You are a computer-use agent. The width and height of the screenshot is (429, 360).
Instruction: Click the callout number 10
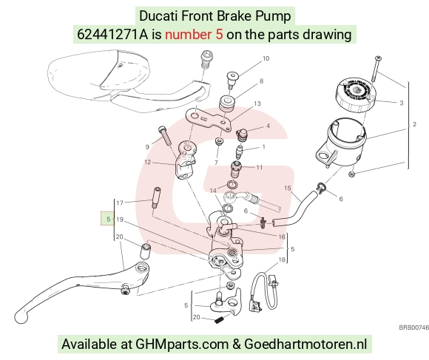[x=266, y=58]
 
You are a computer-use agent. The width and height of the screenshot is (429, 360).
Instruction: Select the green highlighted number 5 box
[x=108, y=219]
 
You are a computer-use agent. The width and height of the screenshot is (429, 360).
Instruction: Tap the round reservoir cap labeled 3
[x=356, y=95]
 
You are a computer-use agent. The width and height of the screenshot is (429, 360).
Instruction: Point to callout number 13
[x=257, y=103]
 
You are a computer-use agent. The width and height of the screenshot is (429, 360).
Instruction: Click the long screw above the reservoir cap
[x=376, y=69]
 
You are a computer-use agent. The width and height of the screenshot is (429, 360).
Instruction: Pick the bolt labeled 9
[x=165, y=135]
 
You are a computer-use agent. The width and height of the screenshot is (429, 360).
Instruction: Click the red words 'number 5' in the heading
[x=194, y=35]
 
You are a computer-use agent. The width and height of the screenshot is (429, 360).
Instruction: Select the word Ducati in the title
[x=159, y=16]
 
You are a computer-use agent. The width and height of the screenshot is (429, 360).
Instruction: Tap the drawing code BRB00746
[x=413, y=327]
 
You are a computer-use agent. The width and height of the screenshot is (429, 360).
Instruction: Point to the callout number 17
[x=120, y=203]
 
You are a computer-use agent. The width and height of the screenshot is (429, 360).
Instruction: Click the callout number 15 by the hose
[x=288, y=188]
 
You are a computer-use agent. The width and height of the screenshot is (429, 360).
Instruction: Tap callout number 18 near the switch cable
[x=282, y=259]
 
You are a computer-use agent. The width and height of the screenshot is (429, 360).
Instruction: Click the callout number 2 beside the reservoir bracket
[x=414, y=124]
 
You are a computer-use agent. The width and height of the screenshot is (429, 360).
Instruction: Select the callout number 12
[x=147, y=162]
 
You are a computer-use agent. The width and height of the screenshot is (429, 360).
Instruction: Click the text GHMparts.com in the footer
[x=182, y=344]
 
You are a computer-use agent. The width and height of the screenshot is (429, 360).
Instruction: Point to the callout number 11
[x=260, y=167]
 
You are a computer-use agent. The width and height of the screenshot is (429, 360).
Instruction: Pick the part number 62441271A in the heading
[x=112, y=35]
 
